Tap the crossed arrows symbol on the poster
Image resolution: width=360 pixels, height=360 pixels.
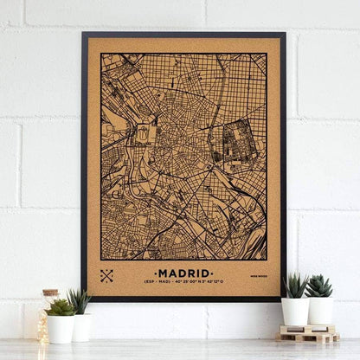click(x=106, y=276)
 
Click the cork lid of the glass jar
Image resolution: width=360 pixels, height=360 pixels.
click(x=50, y=294)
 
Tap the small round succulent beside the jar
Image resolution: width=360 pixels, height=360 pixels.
click(x=61, y=307)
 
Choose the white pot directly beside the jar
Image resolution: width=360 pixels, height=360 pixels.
click(x=61, y=329)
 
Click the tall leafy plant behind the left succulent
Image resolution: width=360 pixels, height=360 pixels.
click(x=80, y=300)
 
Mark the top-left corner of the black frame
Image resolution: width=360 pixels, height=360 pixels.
click(x=83, y=34)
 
